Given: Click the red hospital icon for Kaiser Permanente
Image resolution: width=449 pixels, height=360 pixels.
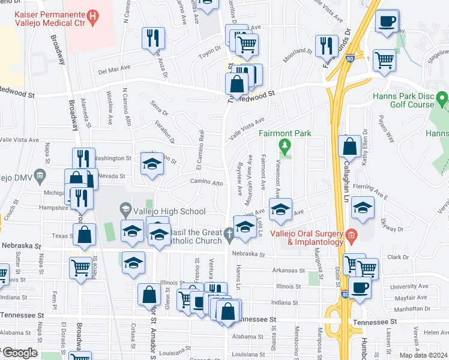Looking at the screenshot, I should coord(92,17).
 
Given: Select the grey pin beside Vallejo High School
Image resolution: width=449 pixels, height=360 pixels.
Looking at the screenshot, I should coord(125,209).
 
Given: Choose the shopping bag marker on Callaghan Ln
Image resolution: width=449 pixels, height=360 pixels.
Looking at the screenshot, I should coord(349,147).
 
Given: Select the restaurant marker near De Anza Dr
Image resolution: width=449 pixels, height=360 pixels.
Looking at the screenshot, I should coord(152,39).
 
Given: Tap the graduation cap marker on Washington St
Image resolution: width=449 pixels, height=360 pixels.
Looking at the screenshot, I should coord(152,165).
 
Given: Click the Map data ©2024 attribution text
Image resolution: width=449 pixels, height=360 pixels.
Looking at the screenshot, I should coord(423,355).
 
